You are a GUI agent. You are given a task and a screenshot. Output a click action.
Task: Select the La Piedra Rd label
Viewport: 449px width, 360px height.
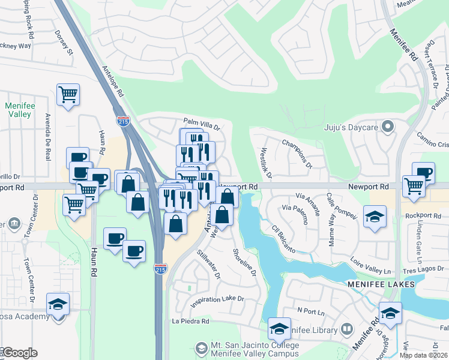tap(190, 322)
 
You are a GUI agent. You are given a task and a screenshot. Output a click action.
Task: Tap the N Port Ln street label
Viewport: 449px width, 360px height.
tap(310, 312)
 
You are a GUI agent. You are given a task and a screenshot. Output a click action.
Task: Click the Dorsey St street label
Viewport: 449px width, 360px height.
tap(63, 43)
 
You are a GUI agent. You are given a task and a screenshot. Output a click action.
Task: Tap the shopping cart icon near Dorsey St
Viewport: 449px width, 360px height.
tap(68, 94)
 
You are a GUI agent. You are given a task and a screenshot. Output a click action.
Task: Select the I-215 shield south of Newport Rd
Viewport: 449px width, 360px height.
tap(160, 269)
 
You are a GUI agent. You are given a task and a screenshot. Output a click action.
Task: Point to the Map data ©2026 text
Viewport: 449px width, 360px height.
tap(423, 355)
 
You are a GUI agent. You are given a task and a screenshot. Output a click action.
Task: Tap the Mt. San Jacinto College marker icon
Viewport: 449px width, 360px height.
tap(201, 347)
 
